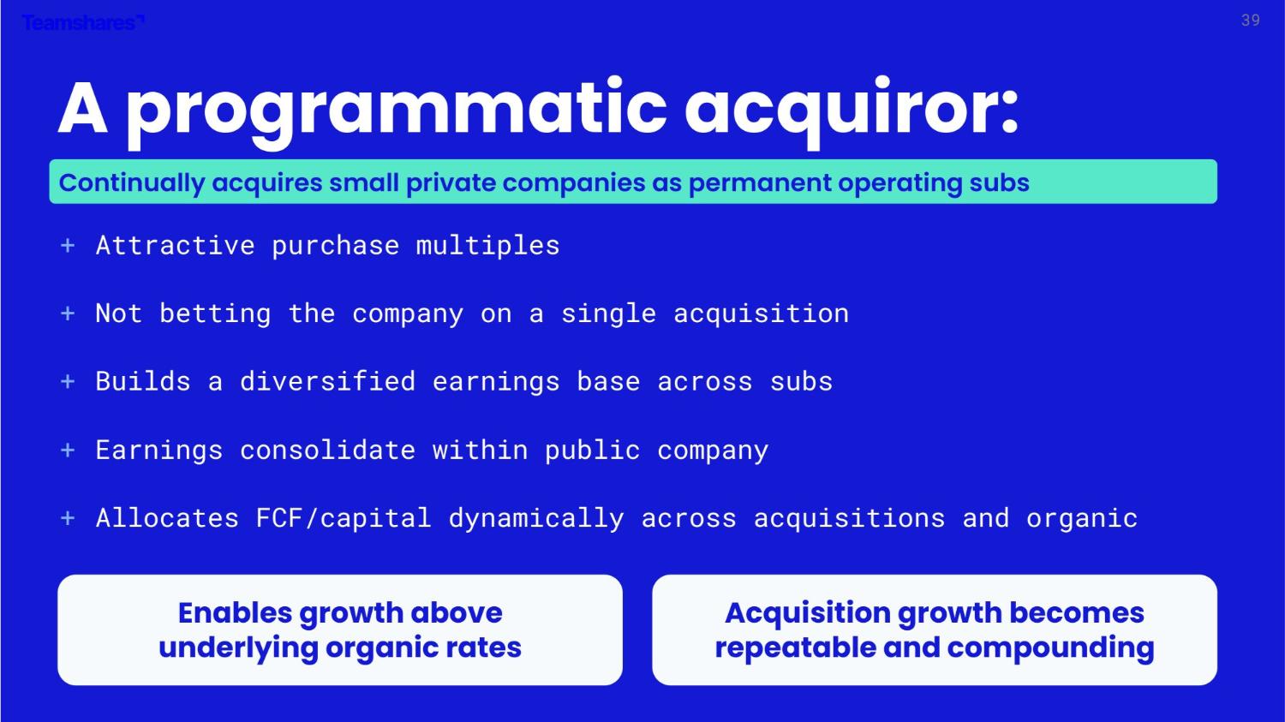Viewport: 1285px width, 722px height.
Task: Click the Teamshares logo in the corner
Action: [x=83, y=22]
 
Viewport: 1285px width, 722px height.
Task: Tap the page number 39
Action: [x=1251, y=21]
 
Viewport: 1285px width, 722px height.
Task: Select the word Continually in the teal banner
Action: [x=131, y=183]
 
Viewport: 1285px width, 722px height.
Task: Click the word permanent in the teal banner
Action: [x=759, y=183]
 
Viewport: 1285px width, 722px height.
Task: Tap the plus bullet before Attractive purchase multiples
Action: [x=68, y=246]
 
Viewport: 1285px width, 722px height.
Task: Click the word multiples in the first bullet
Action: [x=487, y=246]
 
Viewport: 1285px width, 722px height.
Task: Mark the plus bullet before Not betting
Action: [x=68, y=313]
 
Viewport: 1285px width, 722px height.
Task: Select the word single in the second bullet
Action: [x=608, y=313]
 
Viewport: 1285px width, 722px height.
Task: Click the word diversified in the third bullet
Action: [x=327, y=382]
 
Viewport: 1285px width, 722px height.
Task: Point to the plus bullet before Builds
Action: [x=68, y=382]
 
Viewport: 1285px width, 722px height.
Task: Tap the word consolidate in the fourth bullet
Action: [x=327, y=451]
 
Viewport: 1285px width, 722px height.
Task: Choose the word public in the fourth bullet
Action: [x=593, y=451]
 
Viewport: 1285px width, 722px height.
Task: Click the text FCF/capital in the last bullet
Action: [x=343, y=518]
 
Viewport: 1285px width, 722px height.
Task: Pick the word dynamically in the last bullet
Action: [x=536, y=518]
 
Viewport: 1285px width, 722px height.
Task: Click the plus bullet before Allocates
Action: [x=68, y=518]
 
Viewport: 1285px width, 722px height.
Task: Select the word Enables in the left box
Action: [x=235, y=612]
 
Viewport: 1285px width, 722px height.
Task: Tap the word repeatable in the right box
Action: [x=794, y=648]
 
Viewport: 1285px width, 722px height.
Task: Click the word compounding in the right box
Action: [x=1050, y=648]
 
